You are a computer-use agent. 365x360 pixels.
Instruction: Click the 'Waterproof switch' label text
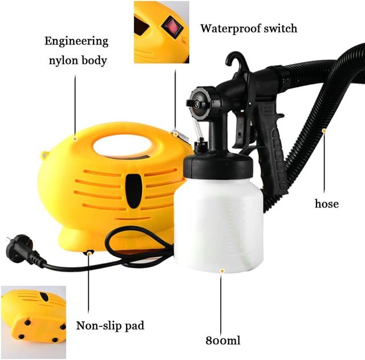coord(249,29)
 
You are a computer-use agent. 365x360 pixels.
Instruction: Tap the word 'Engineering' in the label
coord(76,42)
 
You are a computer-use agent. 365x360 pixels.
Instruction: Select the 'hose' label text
coord(327,204)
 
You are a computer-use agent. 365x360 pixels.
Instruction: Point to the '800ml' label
coord(223,341)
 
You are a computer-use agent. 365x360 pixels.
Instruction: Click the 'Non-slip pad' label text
coord(110,326)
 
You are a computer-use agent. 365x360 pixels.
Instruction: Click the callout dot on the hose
coord(324,131)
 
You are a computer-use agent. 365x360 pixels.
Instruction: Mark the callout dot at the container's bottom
coord(222,271)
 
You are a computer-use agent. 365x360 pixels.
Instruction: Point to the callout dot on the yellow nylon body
coord(75,139)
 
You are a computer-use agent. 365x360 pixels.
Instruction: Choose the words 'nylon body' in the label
coord(78,61)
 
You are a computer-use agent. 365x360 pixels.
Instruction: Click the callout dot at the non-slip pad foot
coord(89,253)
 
